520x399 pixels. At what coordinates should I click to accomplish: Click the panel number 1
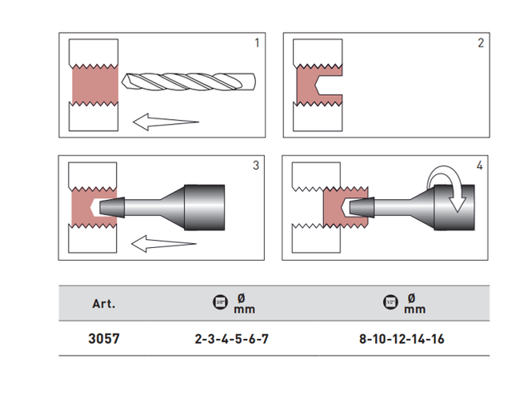(x=257, y=42)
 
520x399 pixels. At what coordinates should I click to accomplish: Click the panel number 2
(x=480, y=42)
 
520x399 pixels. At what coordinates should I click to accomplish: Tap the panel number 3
(x=256, y=166)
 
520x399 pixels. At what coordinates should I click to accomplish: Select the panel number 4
(x=479, y=166)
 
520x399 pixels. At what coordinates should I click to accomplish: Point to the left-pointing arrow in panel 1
(x=164, y=122)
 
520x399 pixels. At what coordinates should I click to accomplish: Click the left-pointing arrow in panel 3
(x=164, y=241)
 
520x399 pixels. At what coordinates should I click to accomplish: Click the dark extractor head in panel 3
(x=203, y=207)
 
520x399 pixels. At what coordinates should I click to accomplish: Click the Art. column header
(x=104, y=304)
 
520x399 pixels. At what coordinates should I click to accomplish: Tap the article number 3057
(x=104, y=338)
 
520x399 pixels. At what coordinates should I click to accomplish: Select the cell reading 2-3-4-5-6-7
(x=232, y=338)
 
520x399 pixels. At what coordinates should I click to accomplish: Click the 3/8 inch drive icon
(x=222, y=303)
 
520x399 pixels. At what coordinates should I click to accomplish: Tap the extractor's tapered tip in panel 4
(x=361, y=207)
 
